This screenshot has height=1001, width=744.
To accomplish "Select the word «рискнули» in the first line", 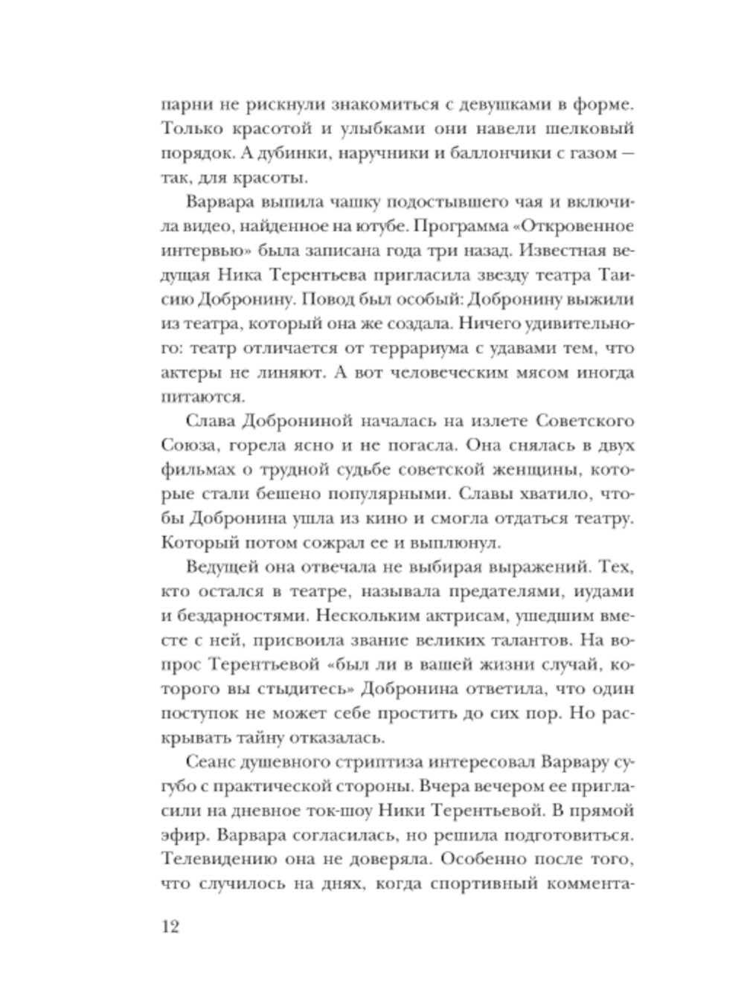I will (x=262, y=103).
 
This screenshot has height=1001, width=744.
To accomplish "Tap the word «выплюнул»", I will (x=449, y=544).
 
